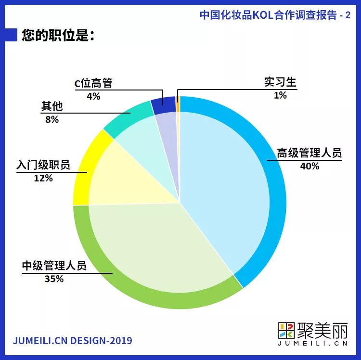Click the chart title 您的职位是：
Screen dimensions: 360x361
pyautogui.click(x=57, y=36)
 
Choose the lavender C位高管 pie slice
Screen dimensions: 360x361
pyautogui.click(x=168, y=135)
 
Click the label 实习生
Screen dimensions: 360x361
pyautogui.click(x=280, y=82)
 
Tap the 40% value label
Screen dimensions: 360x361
pyautogui.click(x=309, y=167)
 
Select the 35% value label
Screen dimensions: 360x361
pyautogui.click(x=53, y=279)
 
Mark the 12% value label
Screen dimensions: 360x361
pyautogui.click(x=43, y=178)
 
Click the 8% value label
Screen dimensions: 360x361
pyautogui.click(x=52, y=119)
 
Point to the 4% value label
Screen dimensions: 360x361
pyautogui.click(x=93, y=96)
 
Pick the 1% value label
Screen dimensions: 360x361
pyautogui.click(x=280, y=95)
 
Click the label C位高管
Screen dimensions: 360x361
pyautogui.click(x=93, y=83)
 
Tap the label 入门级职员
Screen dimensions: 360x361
pyautogui.click(x=43, y=165)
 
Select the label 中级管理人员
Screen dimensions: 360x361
pyautogui.click(x=54, y=265)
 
